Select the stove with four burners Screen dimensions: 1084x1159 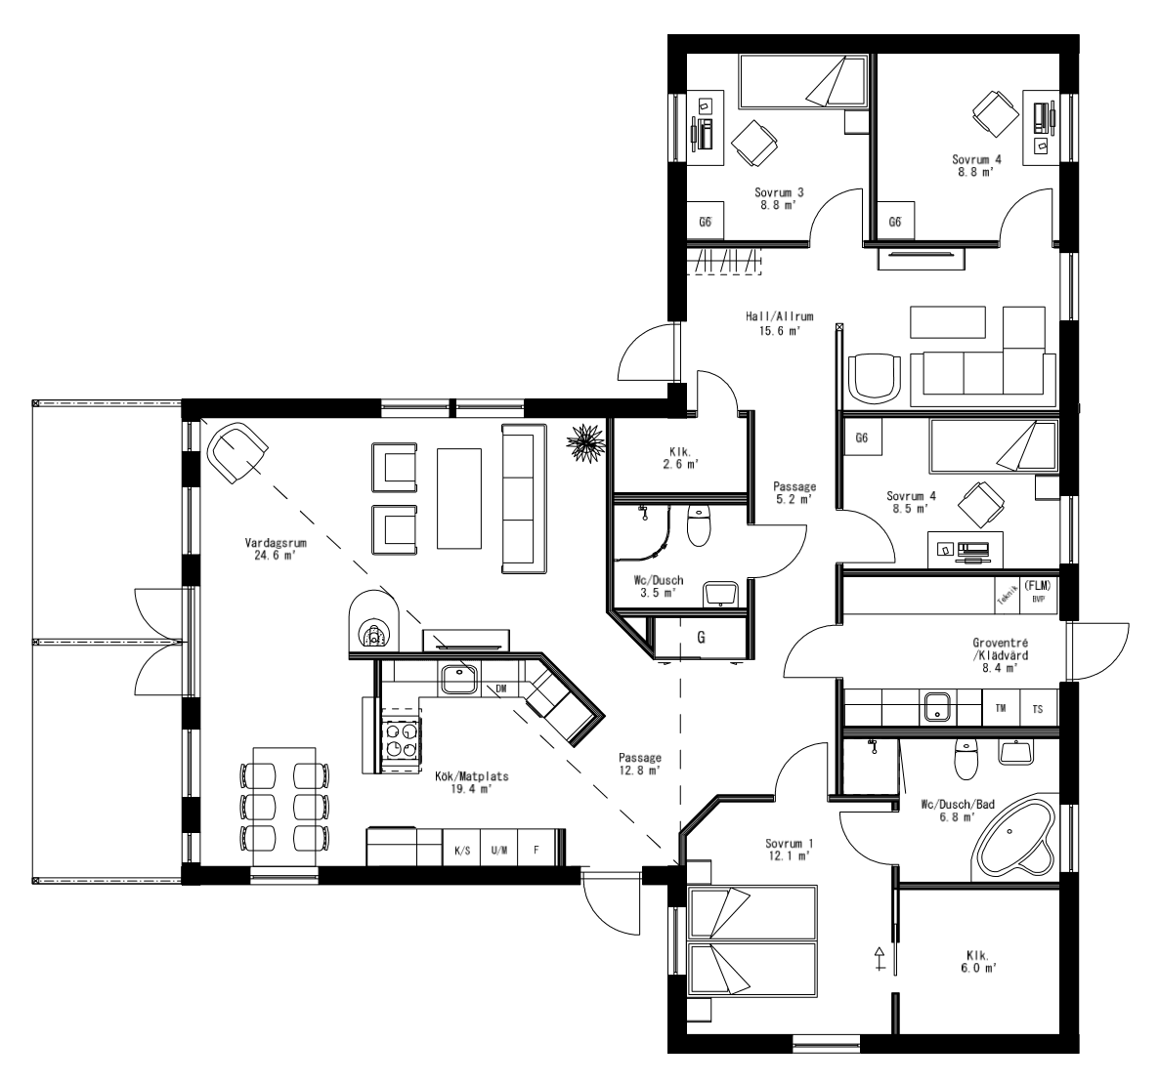(402, 738)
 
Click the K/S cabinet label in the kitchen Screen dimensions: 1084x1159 (461, 850)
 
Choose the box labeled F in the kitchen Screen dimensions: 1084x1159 (536, 850)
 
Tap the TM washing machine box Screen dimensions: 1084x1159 (1000, 707)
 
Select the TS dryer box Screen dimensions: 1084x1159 (1038, 707)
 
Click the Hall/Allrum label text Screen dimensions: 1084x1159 (779, 323)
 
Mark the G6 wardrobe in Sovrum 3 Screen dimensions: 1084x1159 (705, 222)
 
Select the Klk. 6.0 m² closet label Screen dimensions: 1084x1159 (977, 961)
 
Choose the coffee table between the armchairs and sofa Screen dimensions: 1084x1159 (459, 498)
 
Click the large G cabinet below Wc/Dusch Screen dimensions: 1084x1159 (701, 638)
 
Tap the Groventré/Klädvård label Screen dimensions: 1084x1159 (999, 655)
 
